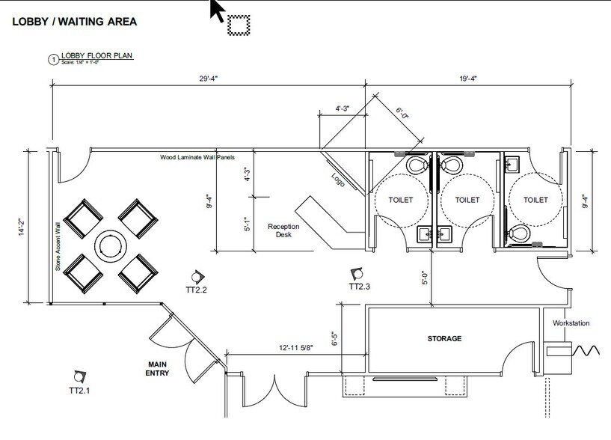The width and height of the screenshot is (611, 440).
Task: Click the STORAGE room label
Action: coord(444,338)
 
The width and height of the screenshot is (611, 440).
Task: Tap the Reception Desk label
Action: coord(283,230)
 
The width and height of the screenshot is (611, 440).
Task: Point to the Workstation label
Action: coord(571,323)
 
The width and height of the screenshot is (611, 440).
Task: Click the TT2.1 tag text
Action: coord(81,391)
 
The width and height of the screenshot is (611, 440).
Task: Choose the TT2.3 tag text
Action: coord(360,287)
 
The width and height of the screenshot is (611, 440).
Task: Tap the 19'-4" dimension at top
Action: coord(468,79)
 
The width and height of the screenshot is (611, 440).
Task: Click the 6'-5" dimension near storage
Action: coord(334,340)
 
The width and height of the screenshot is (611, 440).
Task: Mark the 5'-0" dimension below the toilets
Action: coord(425,278)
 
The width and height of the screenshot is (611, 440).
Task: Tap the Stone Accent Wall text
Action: coord(57,246)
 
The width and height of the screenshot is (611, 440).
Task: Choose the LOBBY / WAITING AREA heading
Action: coord(74,22)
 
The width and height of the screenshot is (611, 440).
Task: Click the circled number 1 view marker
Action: coord(53,60)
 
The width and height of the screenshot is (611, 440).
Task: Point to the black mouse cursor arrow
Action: coord(218,10)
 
